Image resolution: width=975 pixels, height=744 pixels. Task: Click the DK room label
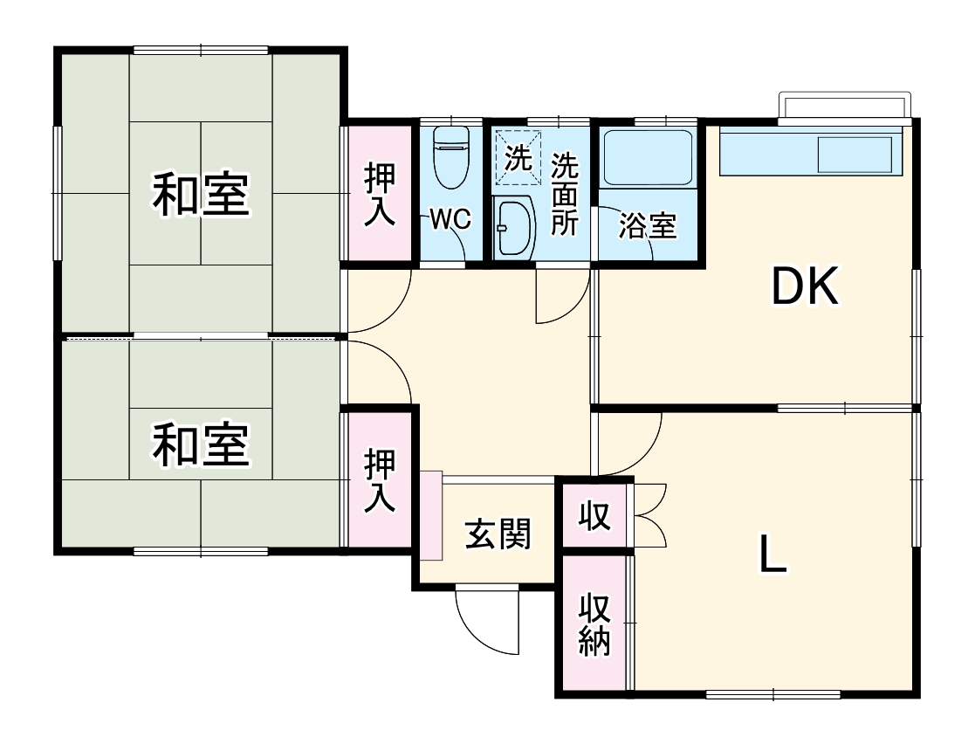[805, 286]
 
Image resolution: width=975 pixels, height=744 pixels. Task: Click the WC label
[450, 220]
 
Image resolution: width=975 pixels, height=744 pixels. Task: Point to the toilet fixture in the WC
[451, 158]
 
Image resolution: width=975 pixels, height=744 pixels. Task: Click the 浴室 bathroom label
[647, 226]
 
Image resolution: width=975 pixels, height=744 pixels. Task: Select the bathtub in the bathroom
[648, 157]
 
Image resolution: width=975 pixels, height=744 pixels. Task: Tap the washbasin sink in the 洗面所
[512, 228]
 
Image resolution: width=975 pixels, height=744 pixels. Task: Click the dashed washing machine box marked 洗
[518, 158]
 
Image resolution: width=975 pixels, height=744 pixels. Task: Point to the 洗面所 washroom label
[565, 194]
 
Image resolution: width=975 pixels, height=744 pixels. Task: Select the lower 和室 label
[201, 445]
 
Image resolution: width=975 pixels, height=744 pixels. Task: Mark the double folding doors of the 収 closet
[650, 515]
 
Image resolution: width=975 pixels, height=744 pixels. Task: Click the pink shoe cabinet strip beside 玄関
[430, 516]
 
